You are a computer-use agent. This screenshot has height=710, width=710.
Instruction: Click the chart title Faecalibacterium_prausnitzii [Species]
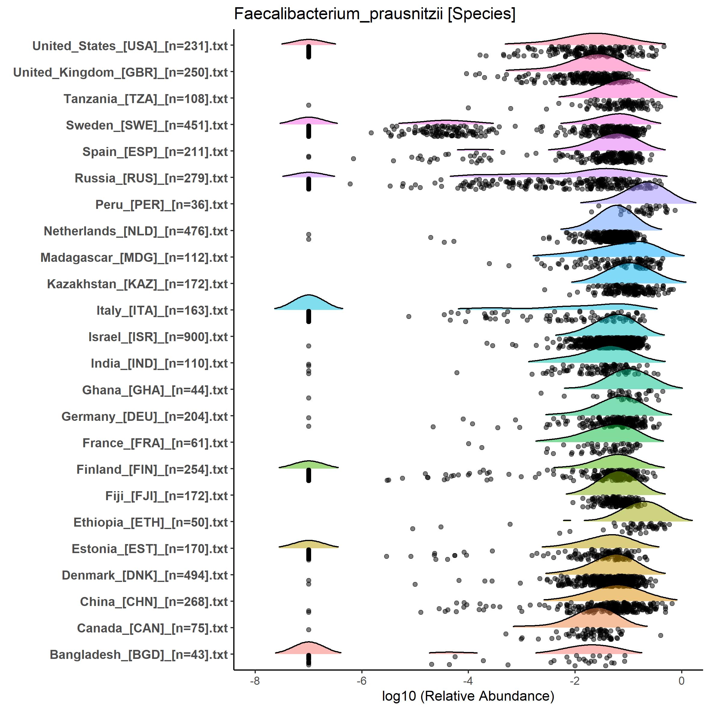(375, 15)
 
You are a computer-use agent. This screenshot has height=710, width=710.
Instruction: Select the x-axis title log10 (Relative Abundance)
(468, 696)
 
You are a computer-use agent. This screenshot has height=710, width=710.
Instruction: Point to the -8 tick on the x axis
(255, 681)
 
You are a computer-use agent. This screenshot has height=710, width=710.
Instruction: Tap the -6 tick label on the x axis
(362, 681)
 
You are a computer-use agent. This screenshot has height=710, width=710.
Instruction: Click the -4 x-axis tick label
(468, 681)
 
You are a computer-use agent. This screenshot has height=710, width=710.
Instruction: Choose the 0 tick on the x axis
(681, 681)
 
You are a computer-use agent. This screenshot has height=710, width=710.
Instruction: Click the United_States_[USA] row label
(130, 46)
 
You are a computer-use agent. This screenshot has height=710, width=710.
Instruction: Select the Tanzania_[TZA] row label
(145, 99)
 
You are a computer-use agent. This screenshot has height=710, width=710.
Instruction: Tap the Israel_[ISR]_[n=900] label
(158, 337)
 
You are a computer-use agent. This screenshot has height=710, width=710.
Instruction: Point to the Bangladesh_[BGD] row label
(139, 654)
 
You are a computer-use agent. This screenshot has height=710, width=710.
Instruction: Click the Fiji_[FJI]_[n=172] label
(167, 496)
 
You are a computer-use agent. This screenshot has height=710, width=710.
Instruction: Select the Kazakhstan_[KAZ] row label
(137, 284)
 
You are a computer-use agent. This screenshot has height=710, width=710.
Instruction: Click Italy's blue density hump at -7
(309, 304)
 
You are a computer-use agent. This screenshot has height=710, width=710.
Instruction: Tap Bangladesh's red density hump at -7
(309, 649)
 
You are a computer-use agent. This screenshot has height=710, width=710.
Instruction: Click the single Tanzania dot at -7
(309, 105)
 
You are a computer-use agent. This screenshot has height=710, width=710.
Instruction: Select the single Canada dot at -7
(309, 629)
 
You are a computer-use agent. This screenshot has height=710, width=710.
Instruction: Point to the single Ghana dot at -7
(309, 398)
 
